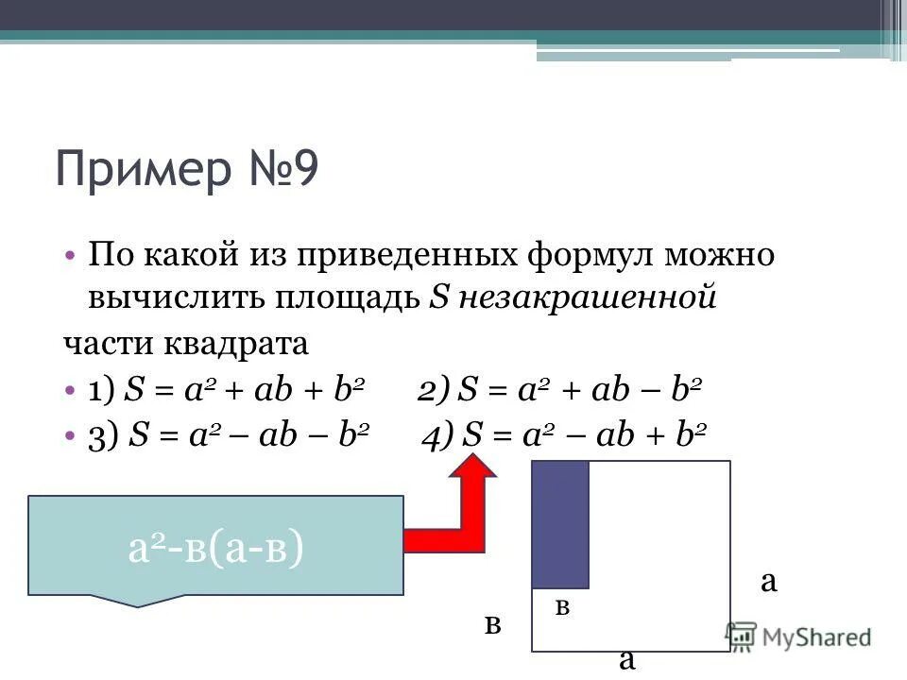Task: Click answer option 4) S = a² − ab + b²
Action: coord(565,434)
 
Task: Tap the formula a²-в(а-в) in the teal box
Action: coord(215,549)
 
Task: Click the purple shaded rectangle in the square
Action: coord(560,524)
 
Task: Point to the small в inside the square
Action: coord(563,607)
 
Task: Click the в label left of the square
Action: coord(492,624)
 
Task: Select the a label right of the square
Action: coord(769,581)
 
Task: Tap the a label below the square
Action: coord(626,658)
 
